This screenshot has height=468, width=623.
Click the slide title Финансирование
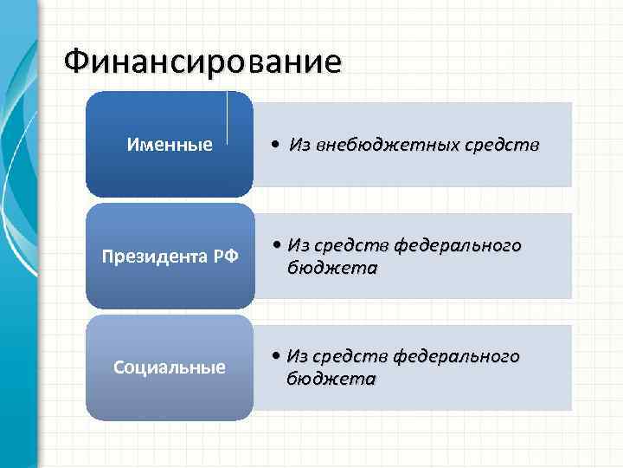(202, 62)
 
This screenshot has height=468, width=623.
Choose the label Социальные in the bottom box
(170, 367)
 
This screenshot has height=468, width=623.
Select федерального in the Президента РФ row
(458, 246)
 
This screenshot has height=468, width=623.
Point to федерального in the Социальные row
(456, 357)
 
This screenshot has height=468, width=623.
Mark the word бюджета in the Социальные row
(331, 379)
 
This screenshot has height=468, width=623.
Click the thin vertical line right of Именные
(227, 116)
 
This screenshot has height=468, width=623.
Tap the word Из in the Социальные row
(297, 357)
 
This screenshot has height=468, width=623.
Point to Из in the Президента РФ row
(298, 246)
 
